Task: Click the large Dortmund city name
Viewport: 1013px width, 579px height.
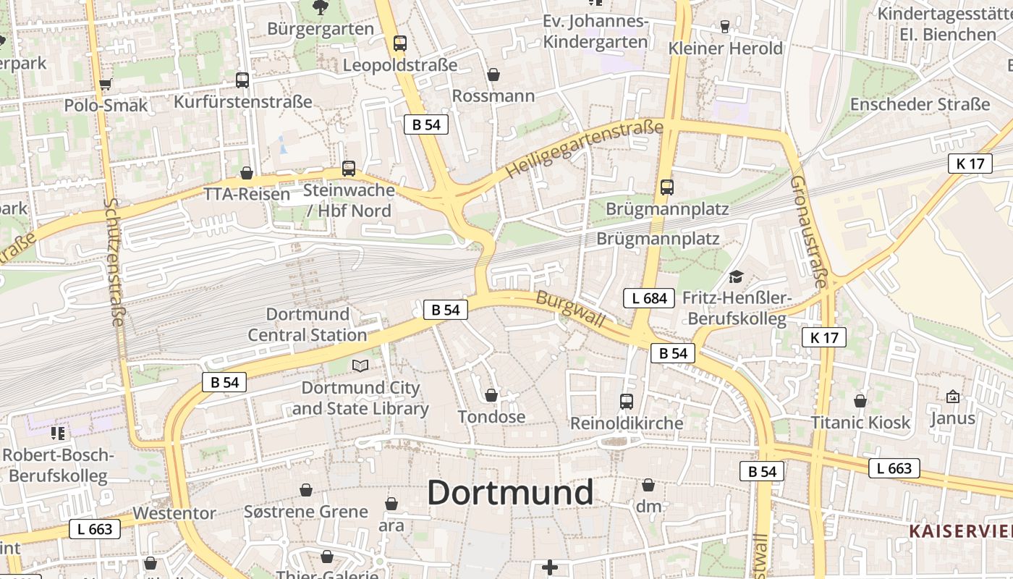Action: pos(510,493)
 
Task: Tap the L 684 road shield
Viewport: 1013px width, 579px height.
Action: pos(649,297)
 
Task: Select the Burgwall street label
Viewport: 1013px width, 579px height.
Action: pos(571,309)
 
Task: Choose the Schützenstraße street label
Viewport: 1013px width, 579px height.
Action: pos(114,261)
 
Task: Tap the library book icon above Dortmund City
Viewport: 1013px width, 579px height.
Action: pos(360,365)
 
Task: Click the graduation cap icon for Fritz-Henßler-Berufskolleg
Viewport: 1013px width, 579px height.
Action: pos(736,276)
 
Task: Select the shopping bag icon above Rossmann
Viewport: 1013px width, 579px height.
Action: pos(493,75)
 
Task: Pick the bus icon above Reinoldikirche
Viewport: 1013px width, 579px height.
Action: pos(627,401)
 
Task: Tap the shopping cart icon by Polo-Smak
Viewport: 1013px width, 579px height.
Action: pos(106,84)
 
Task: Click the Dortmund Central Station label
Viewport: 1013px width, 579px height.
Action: pos(308,324)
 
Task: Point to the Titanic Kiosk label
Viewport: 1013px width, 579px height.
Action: pos(860,423)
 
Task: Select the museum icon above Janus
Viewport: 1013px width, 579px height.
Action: pos(952,397)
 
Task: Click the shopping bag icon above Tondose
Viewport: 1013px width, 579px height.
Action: pos(491,395)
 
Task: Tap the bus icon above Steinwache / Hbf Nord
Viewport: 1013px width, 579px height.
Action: pos(349,169)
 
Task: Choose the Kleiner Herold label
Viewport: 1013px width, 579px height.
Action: pos(726,48)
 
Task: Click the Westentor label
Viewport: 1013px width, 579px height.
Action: pos(174,513)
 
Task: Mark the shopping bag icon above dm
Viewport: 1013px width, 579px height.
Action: pos(648,485)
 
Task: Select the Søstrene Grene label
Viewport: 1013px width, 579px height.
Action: pos(305,512)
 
